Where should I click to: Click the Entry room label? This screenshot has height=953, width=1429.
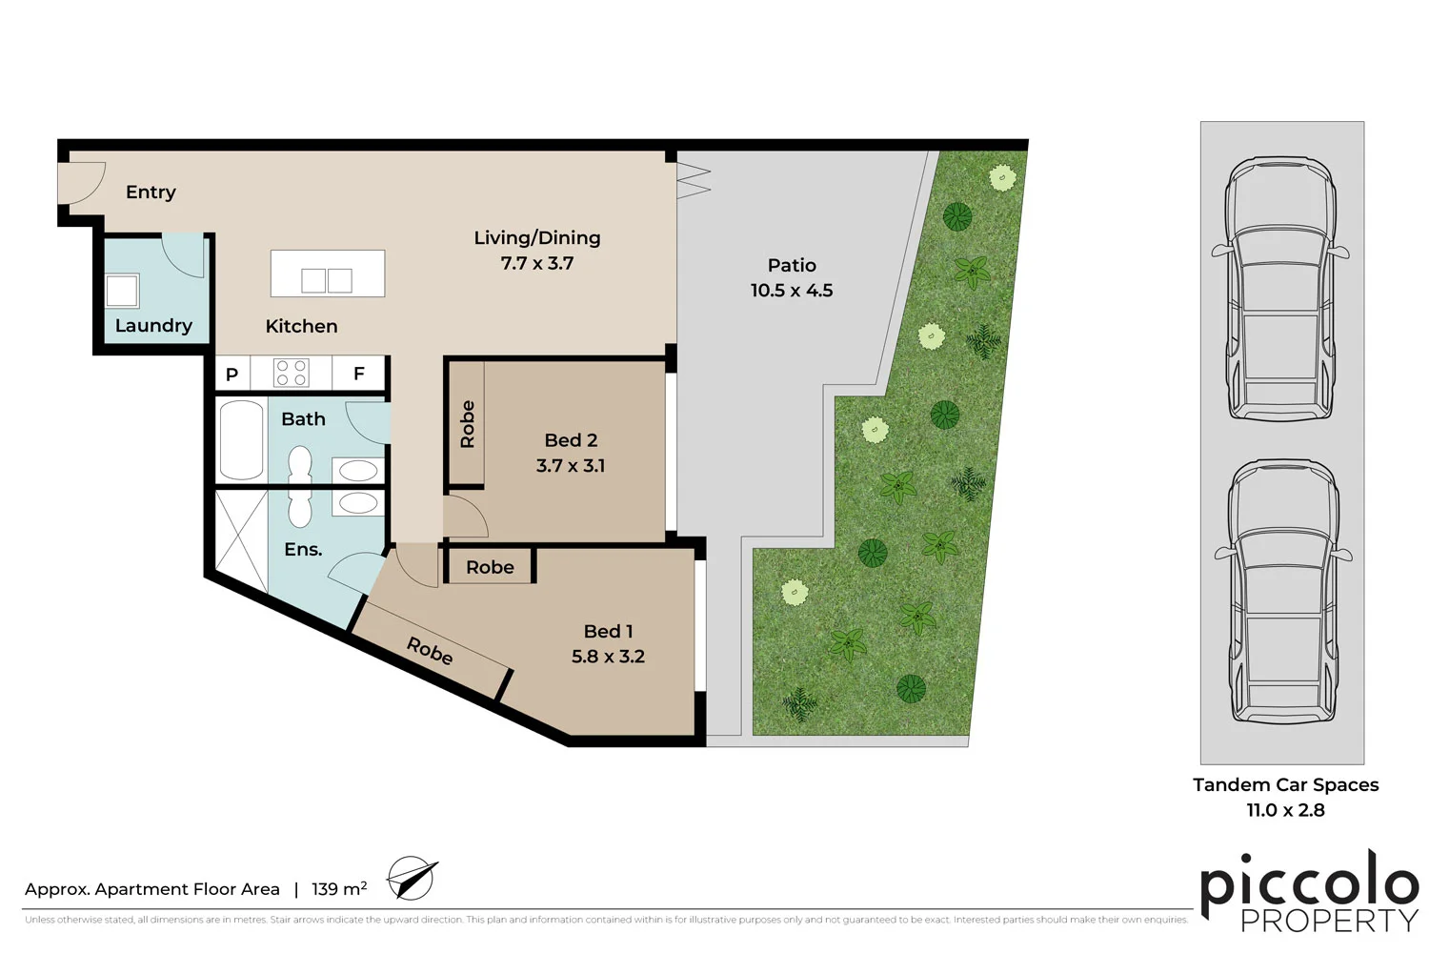click(151, 192)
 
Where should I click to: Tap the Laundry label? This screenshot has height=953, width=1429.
click(153, 325)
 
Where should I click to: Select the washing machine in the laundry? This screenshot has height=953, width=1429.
click(122, 291)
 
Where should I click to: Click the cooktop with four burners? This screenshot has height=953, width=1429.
click(292, 373)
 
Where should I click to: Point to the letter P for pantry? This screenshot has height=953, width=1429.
click(231, 375)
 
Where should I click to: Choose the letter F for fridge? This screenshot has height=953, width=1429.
click(359, 374)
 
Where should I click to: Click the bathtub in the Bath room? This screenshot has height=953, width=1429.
click(242, 439)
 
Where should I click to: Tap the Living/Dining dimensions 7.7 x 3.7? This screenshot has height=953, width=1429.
click(537, 263)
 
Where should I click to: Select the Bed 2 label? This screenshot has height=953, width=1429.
click(571, 440)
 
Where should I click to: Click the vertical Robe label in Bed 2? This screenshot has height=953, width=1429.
click(467, 424)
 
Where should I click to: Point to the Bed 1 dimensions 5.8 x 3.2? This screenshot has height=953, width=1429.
click(608, 657)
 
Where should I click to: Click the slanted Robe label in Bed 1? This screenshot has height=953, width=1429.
click(430, 651)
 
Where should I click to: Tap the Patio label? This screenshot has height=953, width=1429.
click(792, 265)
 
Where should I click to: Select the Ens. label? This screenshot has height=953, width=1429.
click(303, 549)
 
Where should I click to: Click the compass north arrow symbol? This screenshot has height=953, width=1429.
click(412, 878)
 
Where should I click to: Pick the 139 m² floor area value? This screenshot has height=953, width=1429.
click(339, 889)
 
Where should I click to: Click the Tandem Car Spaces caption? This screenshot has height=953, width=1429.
click(1285, 784)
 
